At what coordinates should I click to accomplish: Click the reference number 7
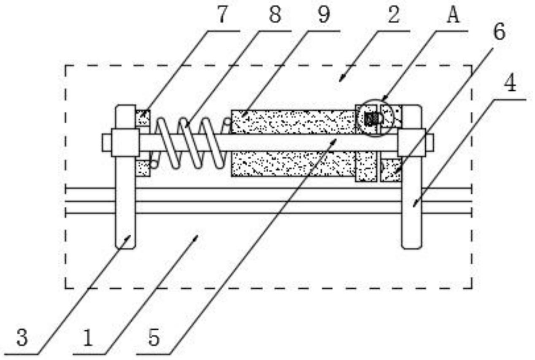click(x=222, y=15)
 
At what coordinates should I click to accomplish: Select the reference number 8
click(x=275, y=15)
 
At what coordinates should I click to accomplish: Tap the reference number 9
click(x=324, y=15)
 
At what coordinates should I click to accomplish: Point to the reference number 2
click(x=394, y=15)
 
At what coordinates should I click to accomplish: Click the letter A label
click(x=453, y=15)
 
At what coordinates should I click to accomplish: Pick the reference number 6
click(x=500, y=32)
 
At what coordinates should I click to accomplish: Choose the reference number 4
click(x=510, y=84)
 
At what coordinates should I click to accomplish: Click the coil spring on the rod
click(x=190, y=143)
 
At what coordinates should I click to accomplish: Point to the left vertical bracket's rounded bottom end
click(x=125, y=246)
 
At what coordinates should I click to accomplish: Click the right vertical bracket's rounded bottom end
click(x=411, y=246)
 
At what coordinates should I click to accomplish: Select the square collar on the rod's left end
click(x=125, y=143)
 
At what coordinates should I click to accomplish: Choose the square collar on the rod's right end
click(x=411, y=143)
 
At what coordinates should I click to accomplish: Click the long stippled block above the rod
click(x=294, y=122)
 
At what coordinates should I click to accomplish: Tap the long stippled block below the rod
click(x=294, y=164)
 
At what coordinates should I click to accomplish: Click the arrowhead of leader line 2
click(x=341, y=79)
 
